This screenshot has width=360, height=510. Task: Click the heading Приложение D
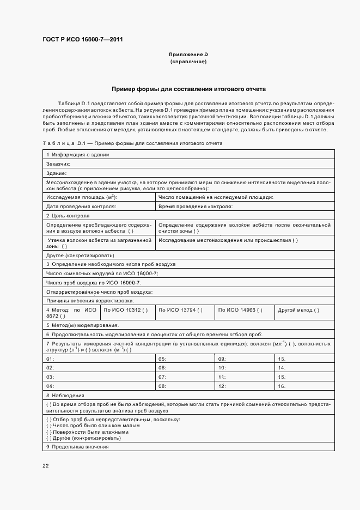[188, 54]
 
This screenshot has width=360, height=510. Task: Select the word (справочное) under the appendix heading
[188, 62]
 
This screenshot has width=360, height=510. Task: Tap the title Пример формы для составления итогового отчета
[188, 88]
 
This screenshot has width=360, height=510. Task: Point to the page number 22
[46, 465]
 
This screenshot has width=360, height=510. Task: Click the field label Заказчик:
[58, 163]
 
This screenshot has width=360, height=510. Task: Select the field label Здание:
[56, 173]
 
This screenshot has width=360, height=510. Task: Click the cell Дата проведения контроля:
[81, 207]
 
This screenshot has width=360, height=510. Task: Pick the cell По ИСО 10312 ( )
[126, 310]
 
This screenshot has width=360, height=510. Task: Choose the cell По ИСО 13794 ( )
[180, 310]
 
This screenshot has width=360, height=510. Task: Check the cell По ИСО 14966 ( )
[240, 310]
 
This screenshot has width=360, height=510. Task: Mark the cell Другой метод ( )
[298, 310]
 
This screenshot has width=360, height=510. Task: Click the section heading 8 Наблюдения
[65, 395]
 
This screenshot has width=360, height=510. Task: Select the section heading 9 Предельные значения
[77, 446]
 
